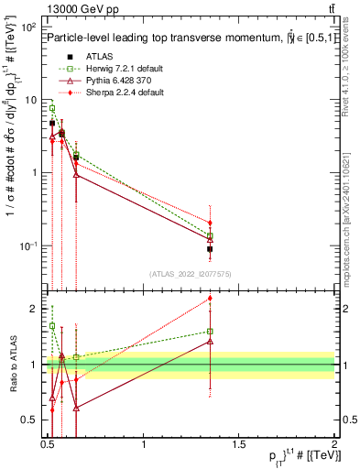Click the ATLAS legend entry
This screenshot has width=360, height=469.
coord(90,56)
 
